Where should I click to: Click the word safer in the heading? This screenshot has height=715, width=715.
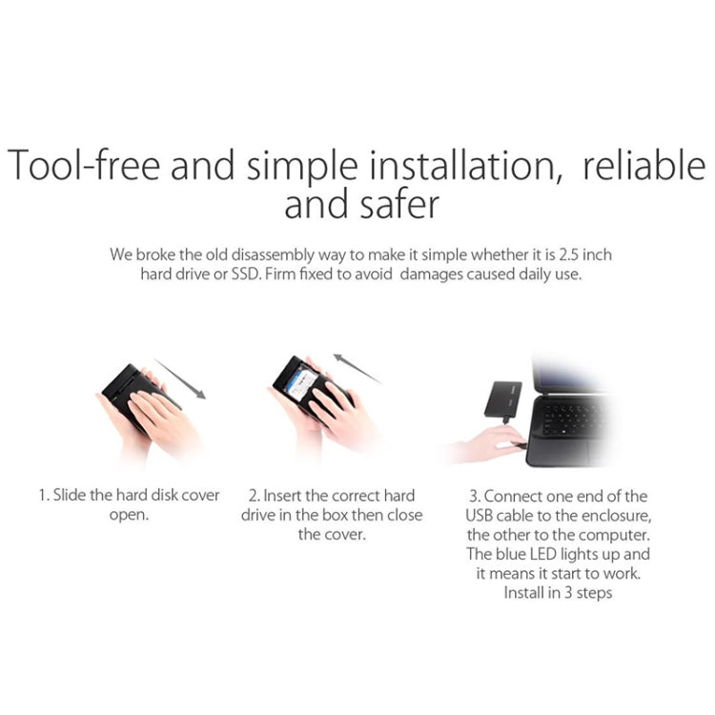click(x=398, y=205)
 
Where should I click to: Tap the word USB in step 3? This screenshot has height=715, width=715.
click(x=482, y=516)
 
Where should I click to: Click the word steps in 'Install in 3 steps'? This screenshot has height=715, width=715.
click(x=591, y=593)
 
